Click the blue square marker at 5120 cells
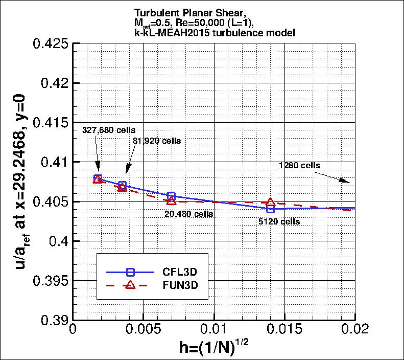point(270,208)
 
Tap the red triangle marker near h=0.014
point(270,202)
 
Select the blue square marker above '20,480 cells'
point(171,196)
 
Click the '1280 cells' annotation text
point(299,165)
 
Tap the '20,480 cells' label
point(189,214)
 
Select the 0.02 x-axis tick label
point(354,328)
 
